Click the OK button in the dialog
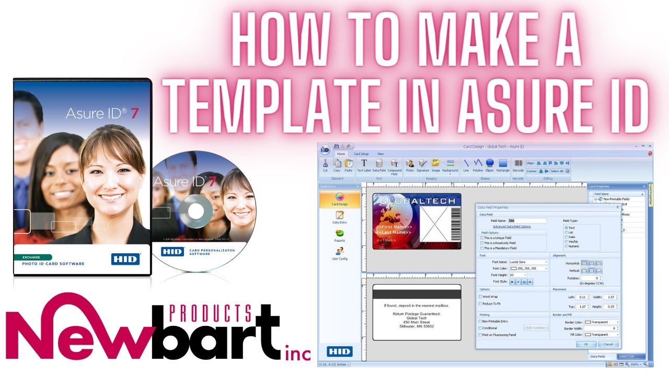tap(586, 344)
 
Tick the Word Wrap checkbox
tap(481, 297)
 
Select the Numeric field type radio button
tap(566, 246)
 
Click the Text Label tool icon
tap(364, 165)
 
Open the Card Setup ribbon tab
tap(361, 154)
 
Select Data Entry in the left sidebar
tap(339, 217)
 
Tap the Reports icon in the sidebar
tap(339, 236)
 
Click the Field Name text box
tap(527, 221)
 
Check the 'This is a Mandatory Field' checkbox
tap(481, 248)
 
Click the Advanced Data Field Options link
tap(512, 227)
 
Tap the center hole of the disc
tap(195, 211)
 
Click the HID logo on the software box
tap(125, 258)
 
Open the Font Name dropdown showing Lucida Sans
tap(528, 262)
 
